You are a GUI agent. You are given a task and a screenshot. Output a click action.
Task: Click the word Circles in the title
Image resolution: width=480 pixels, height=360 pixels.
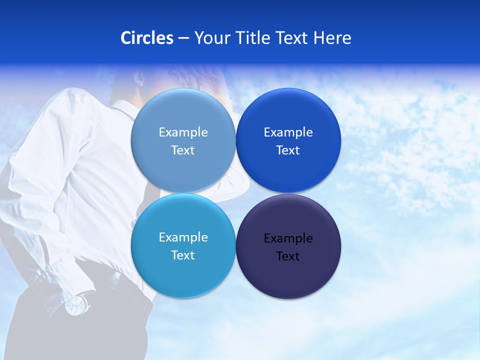[146, 38]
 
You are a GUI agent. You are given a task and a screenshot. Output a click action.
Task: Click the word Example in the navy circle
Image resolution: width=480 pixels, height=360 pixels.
[288, 238]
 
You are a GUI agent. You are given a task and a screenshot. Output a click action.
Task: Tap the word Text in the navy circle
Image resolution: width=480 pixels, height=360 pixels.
[288, 256]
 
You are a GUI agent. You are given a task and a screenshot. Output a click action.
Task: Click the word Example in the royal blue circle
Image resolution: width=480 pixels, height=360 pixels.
[288, 132]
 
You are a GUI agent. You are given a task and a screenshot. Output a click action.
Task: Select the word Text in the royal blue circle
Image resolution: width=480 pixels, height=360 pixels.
[288, 150]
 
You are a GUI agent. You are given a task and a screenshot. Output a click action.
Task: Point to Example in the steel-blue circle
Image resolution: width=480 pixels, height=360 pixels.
[183, 132]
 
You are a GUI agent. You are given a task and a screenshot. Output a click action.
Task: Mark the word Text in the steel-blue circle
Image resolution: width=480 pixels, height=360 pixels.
[183, 150]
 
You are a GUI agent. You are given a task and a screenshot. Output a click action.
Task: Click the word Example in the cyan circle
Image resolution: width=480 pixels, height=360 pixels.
[183, 237]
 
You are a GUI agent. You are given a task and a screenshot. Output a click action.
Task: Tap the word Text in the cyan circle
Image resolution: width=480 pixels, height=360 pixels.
[183, 255]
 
